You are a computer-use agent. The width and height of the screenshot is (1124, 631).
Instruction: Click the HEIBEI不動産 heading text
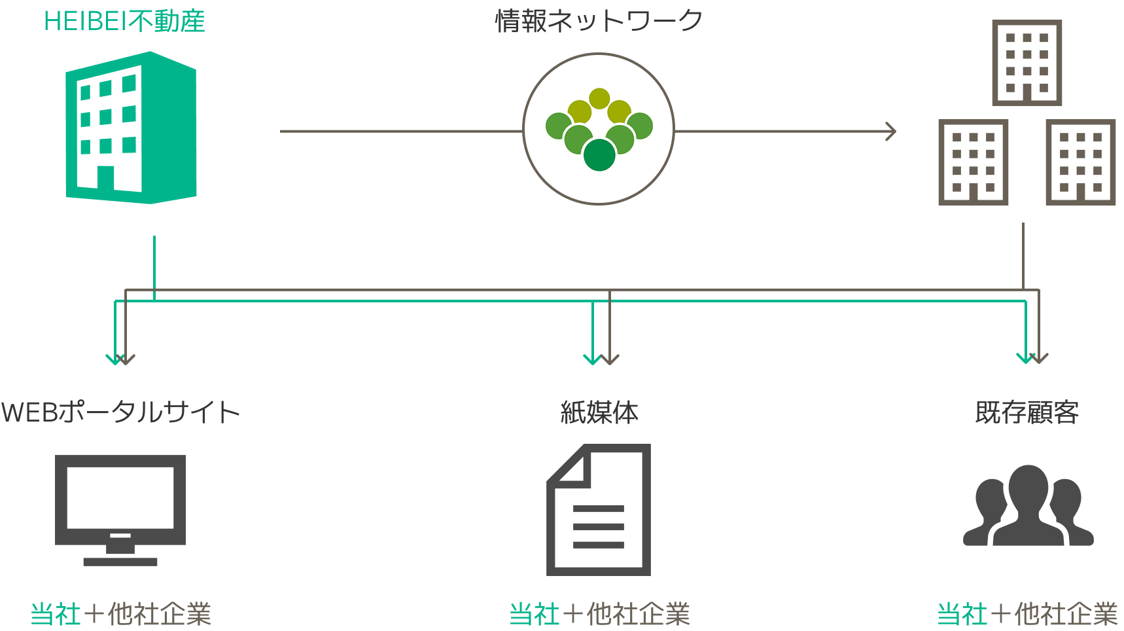coord(124,22)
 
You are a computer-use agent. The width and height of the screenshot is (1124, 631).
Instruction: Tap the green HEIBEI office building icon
coord(131,128)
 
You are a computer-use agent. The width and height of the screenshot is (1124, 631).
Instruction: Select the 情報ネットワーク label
coord(599,21)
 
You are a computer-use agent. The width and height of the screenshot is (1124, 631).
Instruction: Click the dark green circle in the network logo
coord(599,154)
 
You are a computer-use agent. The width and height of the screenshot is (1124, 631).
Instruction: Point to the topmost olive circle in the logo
coord(599,99)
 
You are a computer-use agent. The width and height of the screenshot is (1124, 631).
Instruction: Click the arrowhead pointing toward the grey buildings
coord(891,131)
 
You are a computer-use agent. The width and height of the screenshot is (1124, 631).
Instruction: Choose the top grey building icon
coord(1027,63)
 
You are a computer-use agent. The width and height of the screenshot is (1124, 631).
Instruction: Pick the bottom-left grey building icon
coord(973,162)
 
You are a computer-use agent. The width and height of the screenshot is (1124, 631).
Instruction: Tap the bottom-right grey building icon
coord(1080,162)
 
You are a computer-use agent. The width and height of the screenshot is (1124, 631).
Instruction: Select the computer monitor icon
coord(120,509)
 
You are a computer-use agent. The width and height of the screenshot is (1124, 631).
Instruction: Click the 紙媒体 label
coord(599,412)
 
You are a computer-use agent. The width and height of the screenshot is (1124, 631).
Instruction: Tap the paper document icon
coord(599,510)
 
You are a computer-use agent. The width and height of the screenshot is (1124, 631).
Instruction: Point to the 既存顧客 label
coord(1027,412)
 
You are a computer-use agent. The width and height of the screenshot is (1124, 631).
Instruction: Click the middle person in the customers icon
coord(1028,504)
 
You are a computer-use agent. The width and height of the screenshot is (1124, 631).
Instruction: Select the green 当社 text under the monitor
coord(56,614)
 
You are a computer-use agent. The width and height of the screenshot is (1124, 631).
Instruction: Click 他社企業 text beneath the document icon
coord(638,614)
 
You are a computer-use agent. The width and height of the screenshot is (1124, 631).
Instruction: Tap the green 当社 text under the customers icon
coord(962,614)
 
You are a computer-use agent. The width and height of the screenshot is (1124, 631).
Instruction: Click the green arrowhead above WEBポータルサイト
coord(116,359)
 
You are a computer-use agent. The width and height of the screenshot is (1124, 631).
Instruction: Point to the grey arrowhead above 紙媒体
coord(610,359)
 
